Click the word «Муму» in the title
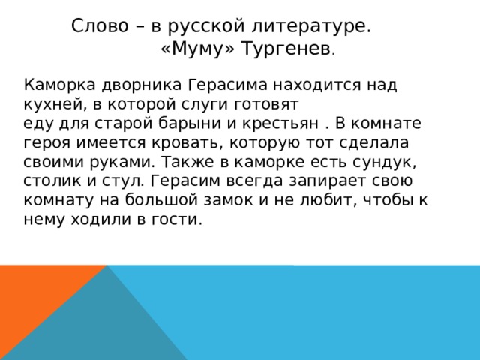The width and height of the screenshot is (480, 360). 190,50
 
